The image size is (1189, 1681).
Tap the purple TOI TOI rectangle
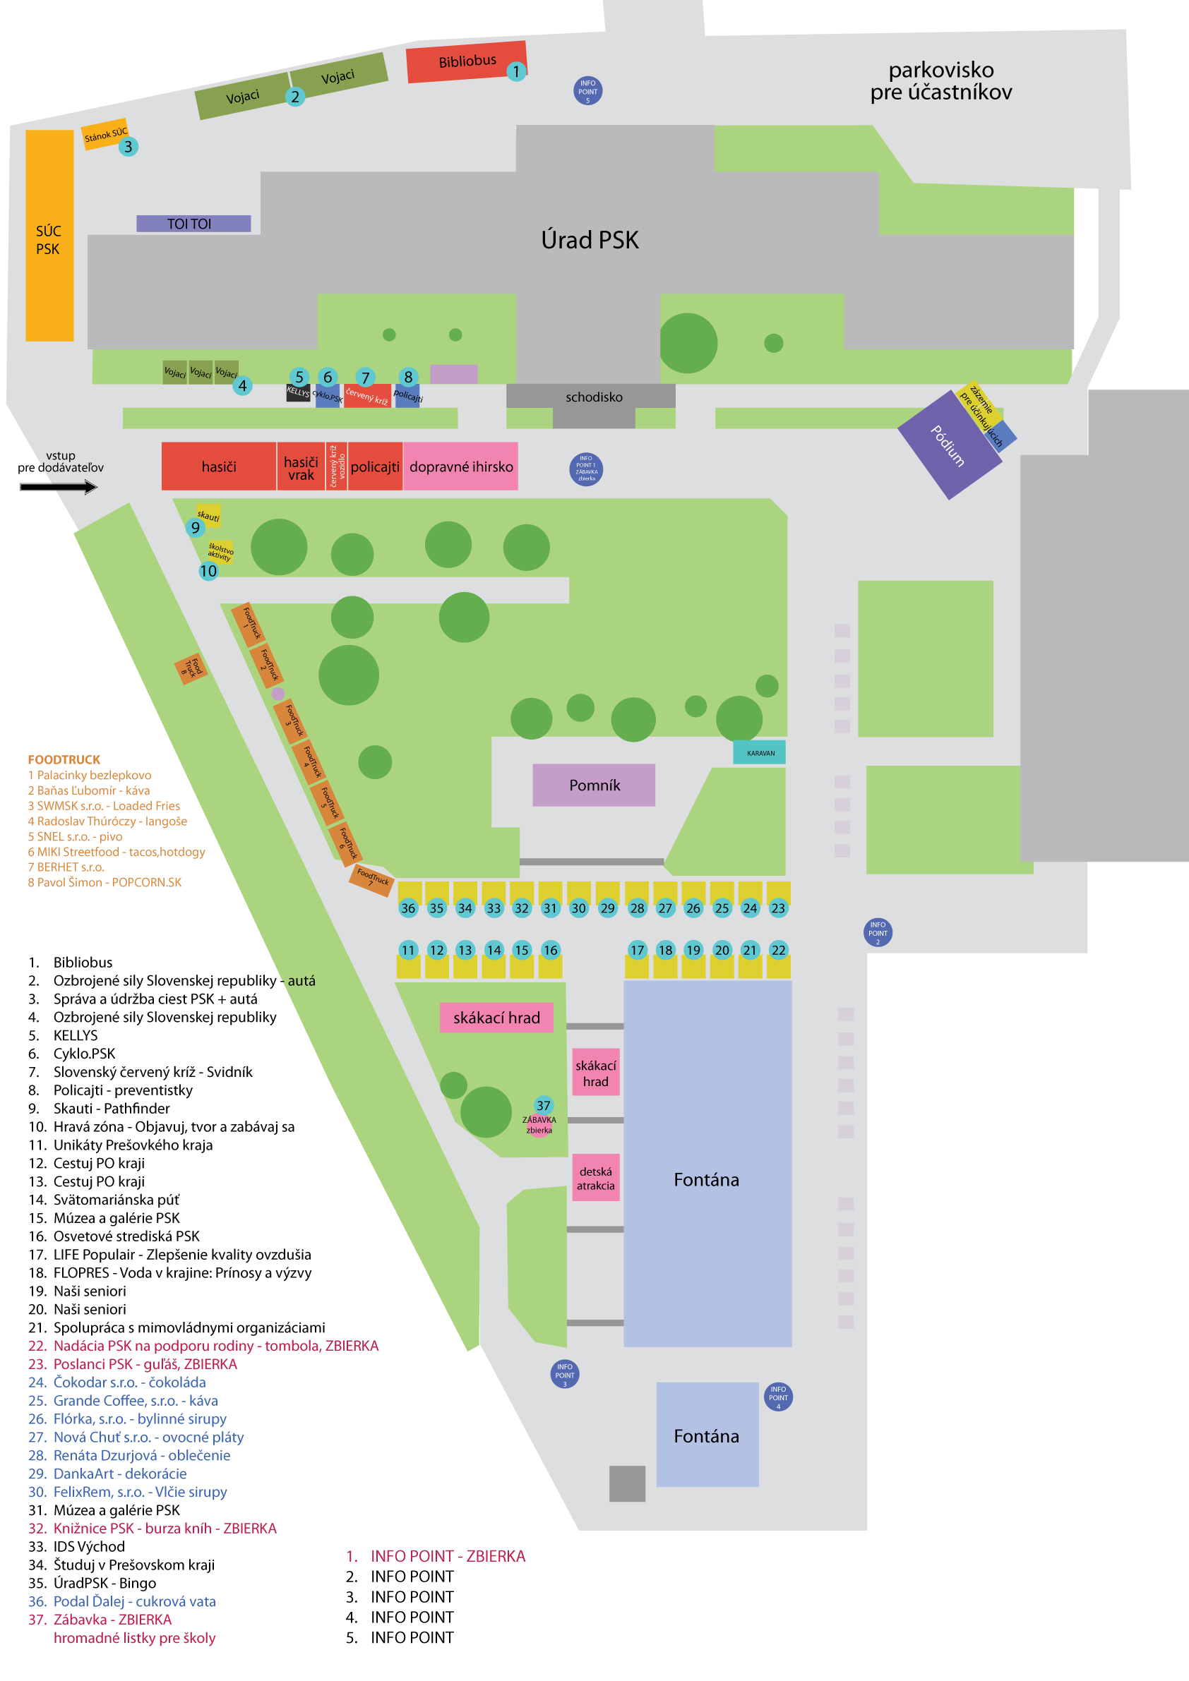pyautogui.click(x=193, y=223)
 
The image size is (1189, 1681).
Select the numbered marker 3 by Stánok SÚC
pyautogui.click(x=129, y=146)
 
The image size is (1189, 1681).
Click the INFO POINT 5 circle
pyautogui.click(x=587, y=91)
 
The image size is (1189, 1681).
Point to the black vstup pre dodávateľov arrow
pyautogui.click(x=59, y=487)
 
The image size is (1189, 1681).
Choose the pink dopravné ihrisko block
pyautogui.click(x=461, y=466)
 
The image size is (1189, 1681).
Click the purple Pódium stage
pyautogui.click(x=949, y=445)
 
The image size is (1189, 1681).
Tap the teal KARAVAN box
pyautogui.click(x=760, y=753)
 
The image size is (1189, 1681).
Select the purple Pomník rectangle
pyautogui.click(x=594, y=785)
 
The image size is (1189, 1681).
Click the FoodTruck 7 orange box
pyautogui.click(x=372, y=877)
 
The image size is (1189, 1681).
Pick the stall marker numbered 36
pyautogui.click(x=408, y=908)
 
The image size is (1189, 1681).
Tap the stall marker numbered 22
pyautogui.click(x=778, y=950)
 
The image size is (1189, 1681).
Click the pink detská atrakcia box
pyautogui.click(x=596, y=1178)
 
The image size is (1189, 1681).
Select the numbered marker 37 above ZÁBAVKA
pyautogui.click(x=543, y=1106)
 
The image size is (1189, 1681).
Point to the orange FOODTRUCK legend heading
pyautogui.click(x=64, y=759)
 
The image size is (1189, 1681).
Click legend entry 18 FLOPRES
pyautogui.click(x=181, y=1272)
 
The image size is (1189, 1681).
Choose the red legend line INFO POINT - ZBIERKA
pyautogui.click(x=447, y=1556)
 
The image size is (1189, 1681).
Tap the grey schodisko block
pyautogui.click(x=593, y=397)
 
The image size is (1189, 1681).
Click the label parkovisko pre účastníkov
pyautogui.click(x=940, y=81)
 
